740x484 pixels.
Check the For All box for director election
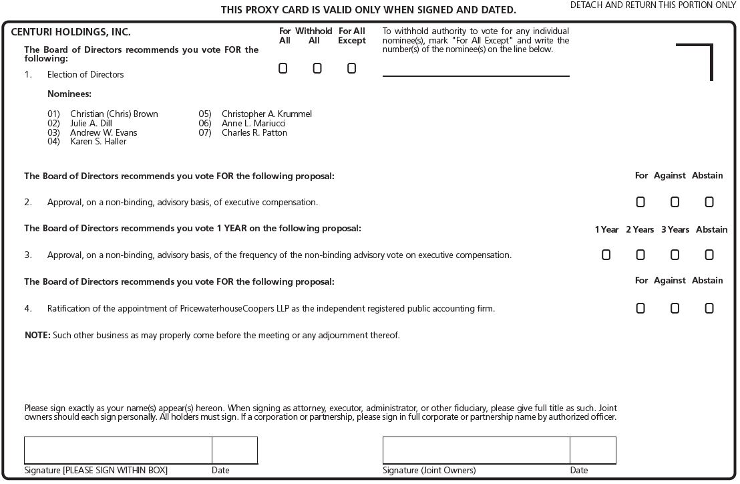tap(283, 68)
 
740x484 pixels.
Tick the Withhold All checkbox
tap(317, 68)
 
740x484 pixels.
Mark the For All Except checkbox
tap(352, 68)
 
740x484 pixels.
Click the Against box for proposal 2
tap(675, 202)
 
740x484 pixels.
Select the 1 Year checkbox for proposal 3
tap(606, 255)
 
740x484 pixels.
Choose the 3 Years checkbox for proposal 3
tap(675, 255)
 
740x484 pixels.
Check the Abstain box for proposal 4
tap(709, 308)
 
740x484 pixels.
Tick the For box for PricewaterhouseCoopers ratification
tap(640, 308)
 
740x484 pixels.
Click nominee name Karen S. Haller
tap(98, 142)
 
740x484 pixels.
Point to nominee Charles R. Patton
tap(254, 132)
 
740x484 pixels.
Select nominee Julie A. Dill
tap(91, 124)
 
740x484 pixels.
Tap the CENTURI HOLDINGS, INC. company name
tap(71, 32)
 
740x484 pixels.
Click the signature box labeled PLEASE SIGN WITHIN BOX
tap(118, 450)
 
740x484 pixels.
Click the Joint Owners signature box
tap(476, 450)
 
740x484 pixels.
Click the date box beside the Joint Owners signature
tap(593, 450)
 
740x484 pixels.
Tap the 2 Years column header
tap(640, 230)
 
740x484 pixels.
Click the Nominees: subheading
tap(69, 94)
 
